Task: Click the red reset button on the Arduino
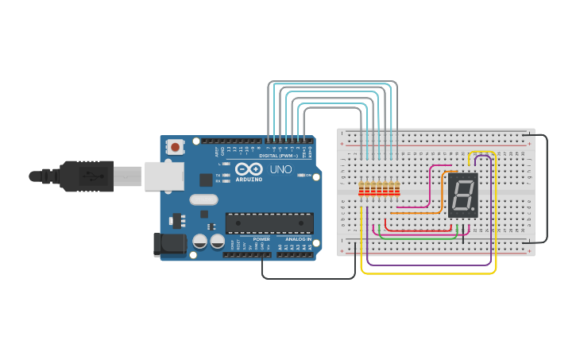175,147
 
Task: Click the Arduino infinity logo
249,169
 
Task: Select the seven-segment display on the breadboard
463,195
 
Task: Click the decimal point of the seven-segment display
474,211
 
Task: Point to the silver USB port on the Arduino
164,176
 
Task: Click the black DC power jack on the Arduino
168,244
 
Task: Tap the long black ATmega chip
269,223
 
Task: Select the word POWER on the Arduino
261,239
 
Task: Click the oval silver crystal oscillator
203,200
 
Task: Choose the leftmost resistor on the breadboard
361,189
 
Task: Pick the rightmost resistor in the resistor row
396,189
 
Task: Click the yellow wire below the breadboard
429,273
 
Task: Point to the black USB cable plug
79,176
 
